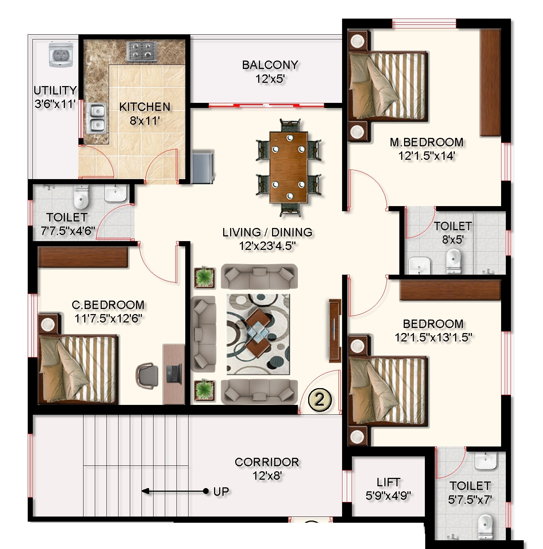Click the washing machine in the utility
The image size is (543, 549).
[61, 55]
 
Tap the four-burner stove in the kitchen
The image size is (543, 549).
[142, 51]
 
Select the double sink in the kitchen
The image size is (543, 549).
[96, 119]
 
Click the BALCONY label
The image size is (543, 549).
[270, 65]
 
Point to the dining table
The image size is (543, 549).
[289, 167]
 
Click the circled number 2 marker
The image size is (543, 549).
[320, 399]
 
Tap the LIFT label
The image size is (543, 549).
[388, 482]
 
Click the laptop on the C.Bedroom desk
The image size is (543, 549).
[174, 373]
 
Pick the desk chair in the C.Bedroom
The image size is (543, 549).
[147, 375]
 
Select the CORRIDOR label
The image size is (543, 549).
[267, 462]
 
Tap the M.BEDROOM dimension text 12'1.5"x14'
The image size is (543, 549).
[426, 156]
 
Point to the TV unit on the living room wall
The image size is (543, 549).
[334, 330]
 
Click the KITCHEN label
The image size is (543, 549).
[145, 107]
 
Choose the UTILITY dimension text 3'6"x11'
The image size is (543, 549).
[55, 104]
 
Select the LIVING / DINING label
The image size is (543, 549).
[267, 232]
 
